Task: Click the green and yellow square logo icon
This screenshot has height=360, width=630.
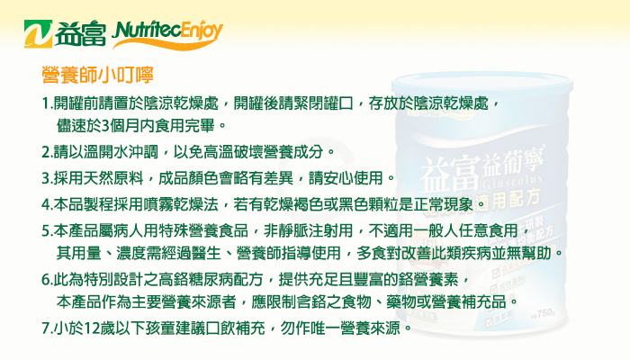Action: coord(38,34)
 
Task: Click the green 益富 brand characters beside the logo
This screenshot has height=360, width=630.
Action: coord(80,34)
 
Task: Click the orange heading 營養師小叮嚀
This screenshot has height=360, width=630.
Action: coord(97,75)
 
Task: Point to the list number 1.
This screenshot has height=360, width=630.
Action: coord(46,103)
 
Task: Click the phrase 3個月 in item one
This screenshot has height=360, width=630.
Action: coord(117,126)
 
